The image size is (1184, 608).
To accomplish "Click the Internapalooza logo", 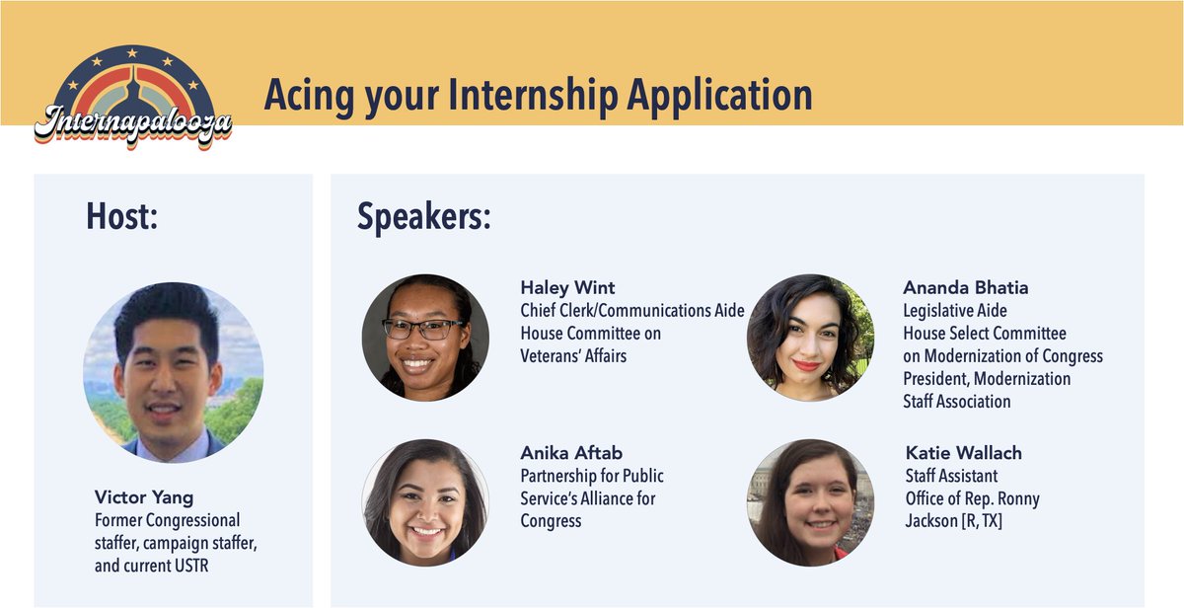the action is [x=133, y=98].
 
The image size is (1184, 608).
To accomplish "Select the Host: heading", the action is [x=122, y=216].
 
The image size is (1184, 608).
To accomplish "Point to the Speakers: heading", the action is [x=424, y=217].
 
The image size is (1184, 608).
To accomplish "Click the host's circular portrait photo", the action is [x=174, y=372].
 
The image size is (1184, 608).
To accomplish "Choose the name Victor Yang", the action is [x=144, y=497].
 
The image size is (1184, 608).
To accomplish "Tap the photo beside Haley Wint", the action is [x=425, y=338].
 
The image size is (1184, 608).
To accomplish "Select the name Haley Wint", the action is [x=567, y=287].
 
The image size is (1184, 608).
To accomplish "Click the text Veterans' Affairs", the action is [x=573, y=355].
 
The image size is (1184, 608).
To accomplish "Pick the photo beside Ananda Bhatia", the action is [x=810, y=338].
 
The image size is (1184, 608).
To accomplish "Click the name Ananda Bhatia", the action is [x=966, y=287].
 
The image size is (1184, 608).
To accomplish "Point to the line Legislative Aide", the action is [x=955, y=310].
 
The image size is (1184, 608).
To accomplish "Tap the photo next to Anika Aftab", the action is [x=425, y=502].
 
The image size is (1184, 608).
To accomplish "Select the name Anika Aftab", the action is [x=571, y=453].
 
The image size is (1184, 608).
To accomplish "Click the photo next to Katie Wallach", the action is [x=810, y=502].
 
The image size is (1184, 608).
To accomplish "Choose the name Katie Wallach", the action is [x=964, y=453].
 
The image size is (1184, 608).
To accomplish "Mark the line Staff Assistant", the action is [x=951, y=476].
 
